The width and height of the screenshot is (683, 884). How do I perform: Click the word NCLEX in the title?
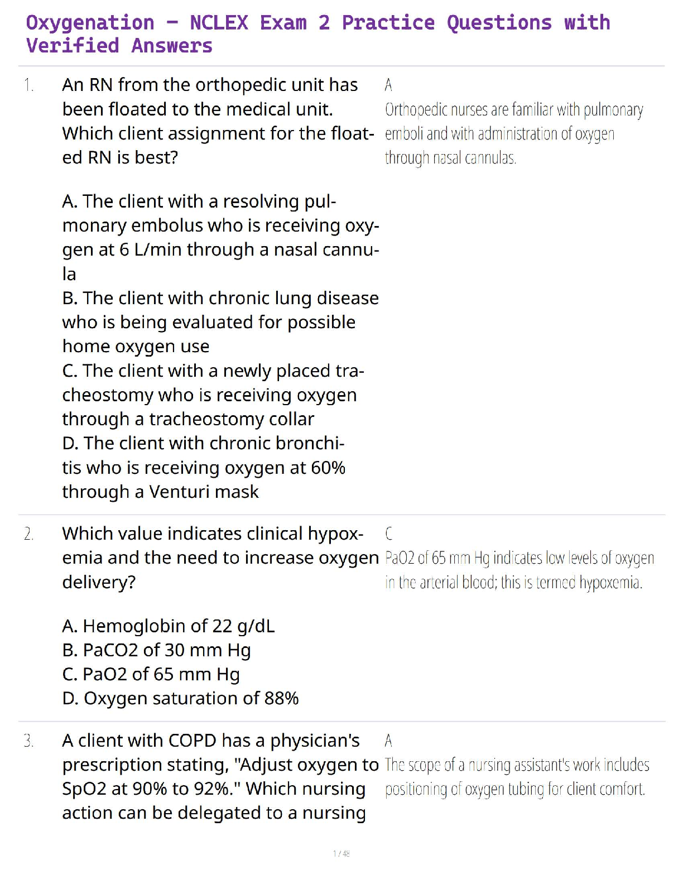tap(219, 23)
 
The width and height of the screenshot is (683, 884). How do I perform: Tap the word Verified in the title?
tap(73, 46)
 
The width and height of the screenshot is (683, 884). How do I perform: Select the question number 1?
tap(28, 85)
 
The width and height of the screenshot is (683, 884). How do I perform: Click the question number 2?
tap(29, 534)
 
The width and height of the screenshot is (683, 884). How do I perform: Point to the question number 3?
tap(29, 741)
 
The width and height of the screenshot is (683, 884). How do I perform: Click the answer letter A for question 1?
tap(388, 85)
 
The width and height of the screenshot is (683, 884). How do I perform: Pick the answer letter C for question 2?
tap(389, 534)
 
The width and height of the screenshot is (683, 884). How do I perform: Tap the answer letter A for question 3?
tap(388, 741)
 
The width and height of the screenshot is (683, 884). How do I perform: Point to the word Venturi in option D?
tap(177, 492)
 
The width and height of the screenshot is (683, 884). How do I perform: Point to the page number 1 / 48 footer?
tap(341, 853)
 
